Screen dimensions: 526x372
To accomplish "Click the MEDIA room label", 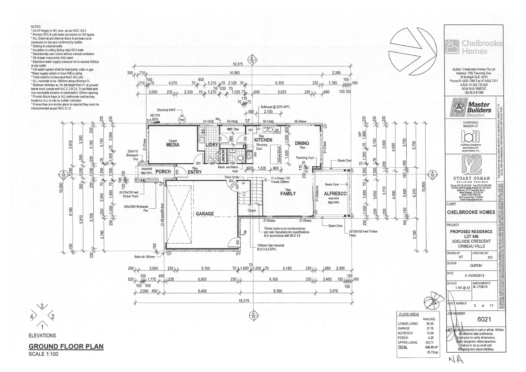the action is [x=173, y=145].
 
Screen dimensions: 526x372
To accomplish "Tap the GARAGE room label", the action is [x=205, y=214].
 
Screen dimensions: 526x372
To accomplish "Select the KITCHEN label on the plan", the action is [x=263, y=140].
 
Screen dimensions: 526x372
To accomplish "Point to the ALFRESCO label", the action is [x=335, y=194].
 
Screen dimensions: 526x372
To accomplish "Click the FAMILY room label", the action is [x=288, y=194].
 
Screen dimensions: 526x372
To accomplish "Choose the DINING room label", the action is [x=302, y=143].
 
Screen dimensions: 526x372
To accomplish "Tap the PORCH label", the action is [x=163, y=172].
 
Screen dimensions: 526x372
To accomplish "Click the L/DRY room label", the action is [x=212, y=145].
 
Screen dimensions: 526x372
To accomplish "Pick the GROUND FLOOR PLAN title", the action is [x=66, y=346].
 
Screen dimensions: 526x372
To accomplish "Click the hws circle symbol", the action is [x=183, y=119].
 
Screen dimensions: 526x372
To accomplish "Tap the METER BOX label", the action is [x=155, y=117].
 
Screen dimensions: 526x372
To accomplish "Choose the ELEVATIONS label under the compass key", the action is [x=42, y=336].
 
